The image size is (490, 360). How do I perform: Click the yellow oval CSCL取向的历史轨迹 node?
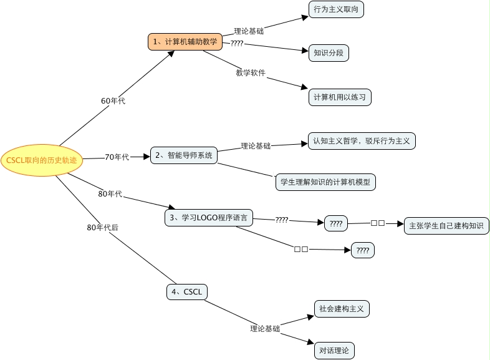pos(42,160)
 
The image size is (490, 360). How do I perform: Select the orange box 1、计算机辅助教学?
pos(185,42)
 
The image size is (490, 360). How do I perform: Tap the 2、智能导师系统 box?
pos(184,155)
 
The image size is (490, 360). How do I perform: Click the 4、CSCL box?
pos(187,291)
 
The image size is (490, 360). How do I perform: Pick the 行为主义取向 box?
pos(336,9)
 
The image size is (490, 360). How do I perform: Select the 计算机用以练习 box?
pos(340,97)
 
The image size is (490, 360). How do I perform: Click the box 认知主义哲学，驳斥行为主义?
pos(362,141)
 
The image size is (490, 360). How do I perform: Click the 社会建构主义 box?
pos(342,308)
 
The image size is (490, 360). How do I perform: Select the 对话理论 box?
pos(334,351)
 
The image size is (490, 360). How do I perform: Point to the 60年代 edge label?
pos(113,100)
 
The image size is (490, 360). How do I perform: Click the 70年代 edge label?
pos(117,157)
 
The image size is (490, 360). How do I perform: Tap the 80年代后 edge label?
pos(102,228)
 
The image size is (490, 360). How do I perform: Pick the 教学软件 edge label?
pos(251,73)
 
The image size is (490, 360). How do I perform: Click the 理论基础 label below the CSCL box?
pos(265,328)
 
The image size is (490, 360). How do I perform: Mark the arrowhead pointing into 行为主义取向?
pos(305,17)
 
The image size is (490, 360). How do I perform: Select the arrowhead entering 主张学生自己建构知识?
pos(401,223)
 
